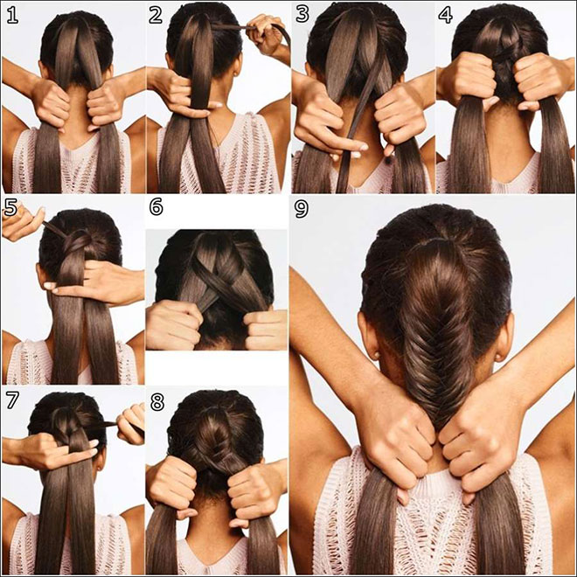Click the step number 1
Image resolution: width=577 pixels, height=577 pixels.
(x=12, y=15)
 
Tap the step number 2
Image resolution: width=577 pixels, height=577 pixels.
(x=156, y=15)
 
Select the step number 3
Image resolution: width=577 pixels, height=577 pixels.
(x=302, y=15)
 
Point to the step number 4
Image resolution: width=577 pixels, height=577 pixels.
(x=445, y=15)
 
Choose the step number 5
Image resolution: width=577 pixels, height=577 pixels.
(x=11, y=208)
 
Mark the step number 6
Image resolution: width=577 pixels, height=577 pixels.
(x=156, y=208)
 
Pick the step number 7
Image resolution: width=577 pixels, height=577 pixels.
(x=11, y=402)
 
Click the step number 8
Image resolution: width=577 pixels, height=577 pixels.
(x=156, y=402)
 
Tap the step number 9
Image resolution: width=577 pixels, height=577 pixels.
(x=302, y=208)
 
